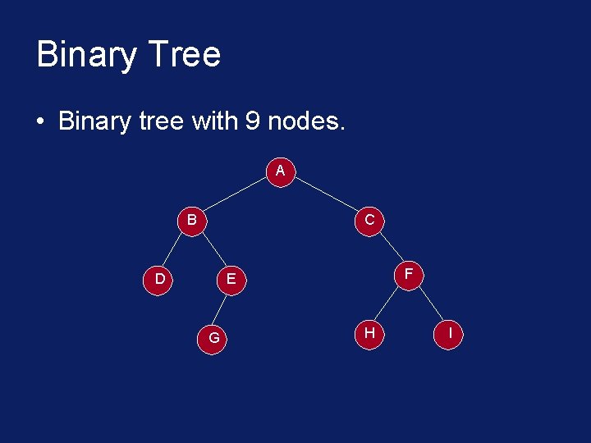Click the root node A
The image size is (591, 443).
pos(281,171)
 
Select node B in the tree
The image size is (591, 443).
pos(191,220)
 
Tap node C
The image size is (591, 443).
pos(369,220)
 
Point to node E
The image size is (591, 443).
pos(231,279)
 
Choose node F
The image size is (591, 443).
pos(408,273)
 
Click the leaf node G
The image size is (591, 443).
pos(213,337)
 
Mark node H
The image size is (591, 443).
pos(369,332)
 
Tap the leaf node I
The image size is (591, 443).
pos(450,333)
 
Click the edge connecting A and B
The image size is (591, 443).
pos(236,195)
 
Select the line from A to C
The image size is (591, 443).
pos(325,195)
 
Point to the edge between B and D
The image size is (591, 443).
pos(176,249)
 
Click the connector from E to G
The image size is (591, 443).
pos(222,308)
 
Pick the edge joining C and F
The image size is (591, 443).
pos(389,247)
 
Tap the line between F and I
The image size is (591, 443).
pos(429,304)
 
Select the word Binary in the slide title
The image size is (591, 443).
pos(85,55)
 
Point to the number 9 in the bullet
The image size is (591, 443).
pos(252,121)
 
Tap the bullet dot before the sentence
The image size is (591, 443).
pos(39,123)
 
